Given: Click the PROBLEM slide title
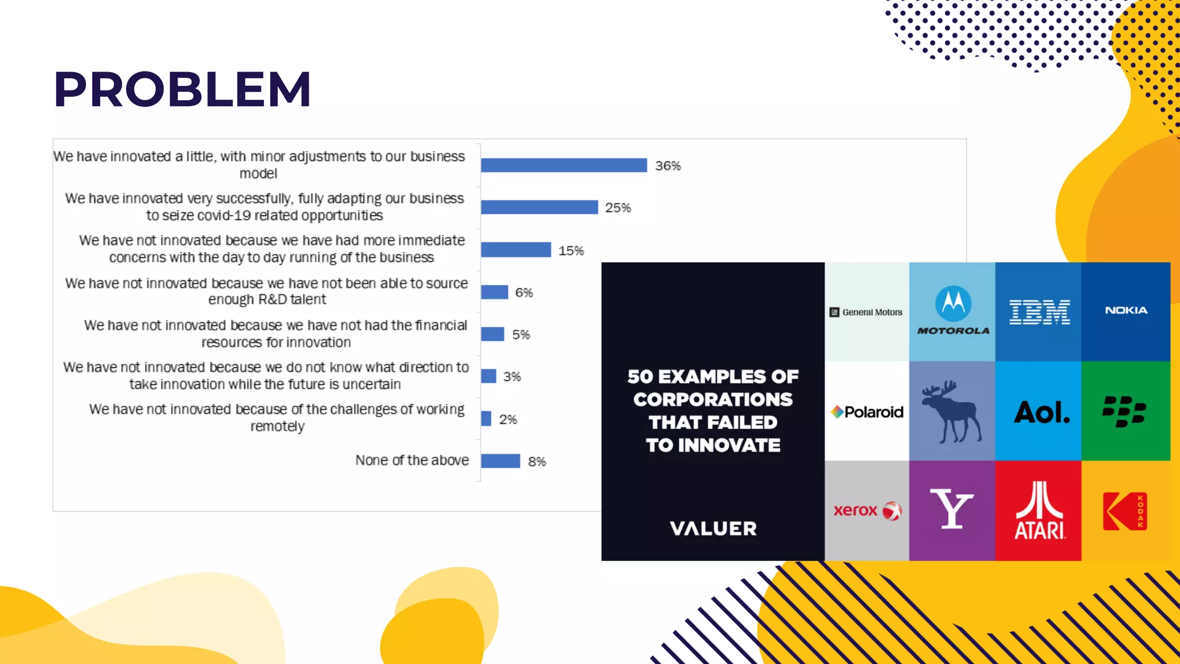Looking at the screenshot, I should [182, 89].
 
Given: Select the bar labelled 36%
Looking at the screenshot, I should [563, 165].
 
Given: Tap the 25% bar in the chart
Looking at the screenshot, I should [539, 207].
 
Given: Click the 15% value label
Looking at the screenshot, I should [571, 251].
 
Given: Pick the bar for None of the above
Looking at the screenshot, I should [500, 461].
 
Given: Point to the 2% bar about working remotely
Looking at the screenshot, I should [486, 418].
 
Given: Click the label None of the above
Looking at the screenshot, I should [412, 461].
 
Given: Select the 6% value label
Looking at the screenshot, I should [524, 293].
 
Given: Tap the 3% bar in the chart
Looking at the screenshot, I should [489, 376].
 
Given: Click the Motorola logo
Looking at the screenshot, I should [953, 311].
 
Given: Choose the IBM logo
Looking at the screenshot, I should [1039, 312].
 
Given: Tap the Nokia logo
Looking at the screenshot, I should [1126, 310].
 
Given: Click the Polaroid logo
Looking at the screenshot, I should [867, 412].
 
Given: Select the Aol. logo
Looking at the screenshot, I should [1042, 412].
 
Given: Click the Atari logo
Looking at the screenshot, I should [1039, 511].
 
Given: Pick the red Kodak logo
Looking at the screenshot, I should [1125, 511].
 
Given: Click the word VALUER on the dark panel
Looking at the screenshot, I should [713, 529].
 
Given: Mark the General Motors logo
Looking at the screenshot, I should [866, 312].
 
